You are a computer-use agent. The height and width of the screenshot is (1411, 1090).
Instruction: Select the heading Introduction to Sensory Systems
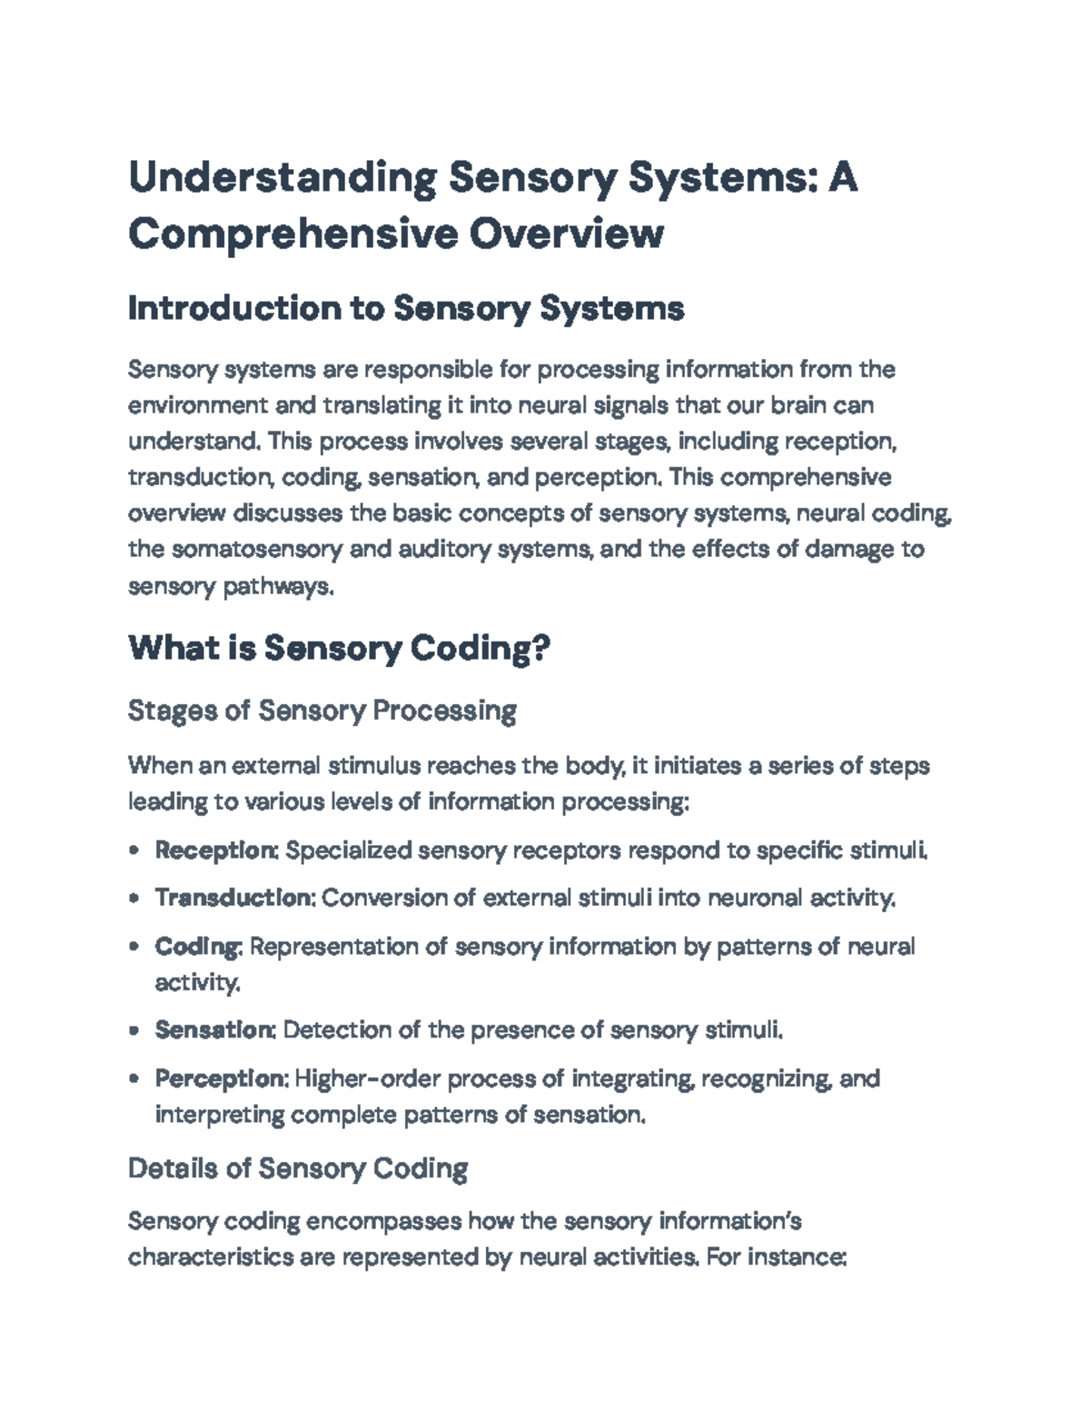pos(406,309)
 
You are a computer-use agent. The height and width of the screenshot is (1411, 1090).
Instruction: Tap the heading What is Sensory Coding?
pos(340,649)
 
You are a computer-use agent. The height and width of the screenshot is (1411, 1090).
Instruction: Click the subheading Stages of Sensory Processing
pos(322,710)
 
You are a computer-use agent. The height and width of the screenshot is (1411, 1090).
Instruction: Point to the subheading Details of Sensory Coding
pos(298,1168)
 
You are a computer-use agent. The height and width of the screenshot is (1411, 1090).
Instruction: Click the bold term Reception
pos(215,850)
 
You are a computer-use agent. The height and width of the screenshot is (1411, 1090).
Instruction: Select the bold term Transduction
pos(233,898)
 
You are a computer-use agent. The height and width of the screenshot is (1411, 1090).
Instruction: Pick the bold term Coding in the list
pos(197,946)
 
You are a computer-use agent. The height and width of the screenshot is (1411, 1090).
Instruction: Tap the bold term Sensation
pos(214,1029)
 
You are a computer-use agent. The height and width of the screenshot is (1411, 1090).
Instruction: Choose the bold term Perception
pos(221,1078)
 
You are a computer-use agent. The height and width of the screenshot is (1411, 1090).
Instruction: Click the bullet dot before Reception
pos(134,851)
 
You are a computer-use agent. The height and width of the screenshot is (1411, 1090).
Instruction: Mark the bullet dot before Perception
pos(134,1079)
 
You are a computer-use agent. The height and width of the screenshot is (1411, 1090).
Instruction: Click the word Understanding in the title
pos(282,178)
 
